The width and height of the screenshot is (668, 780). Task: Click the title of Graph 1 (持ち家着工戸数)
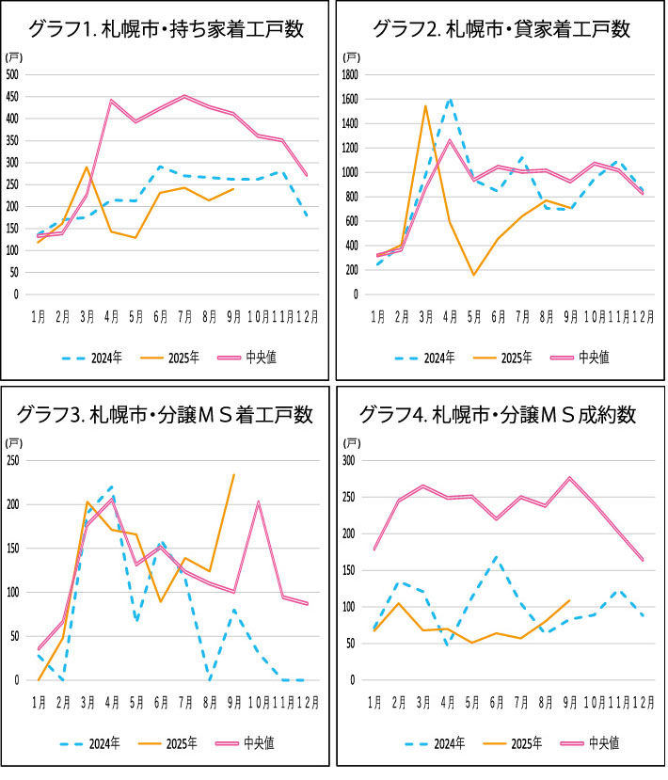click(167, 29)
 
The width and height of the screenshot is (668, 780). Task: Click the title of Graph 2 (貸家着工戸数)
click(501, 29)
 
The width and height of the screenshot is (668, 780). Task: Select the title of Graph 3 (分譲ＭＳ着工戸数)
click(167, 414)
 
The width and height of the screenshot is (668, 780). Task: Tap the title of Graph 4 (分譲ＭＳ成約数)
click(501, 414)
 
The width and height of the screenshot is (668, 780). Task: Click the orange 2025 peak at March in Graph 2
click(425, 105)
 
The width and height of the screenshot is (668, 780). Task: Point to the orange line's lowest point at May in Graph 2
click(473, 275)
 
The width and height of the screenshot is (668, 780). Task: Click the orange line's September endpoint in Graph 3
click(234, 474)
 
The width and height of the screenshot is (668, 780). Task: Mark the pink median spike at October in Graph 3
click(259, 501)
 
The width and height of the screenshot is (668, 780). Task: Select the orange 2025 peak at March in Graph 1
click(87, 167)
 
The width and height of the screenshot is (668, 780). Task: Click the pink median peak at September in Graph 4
click(570, 478)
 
